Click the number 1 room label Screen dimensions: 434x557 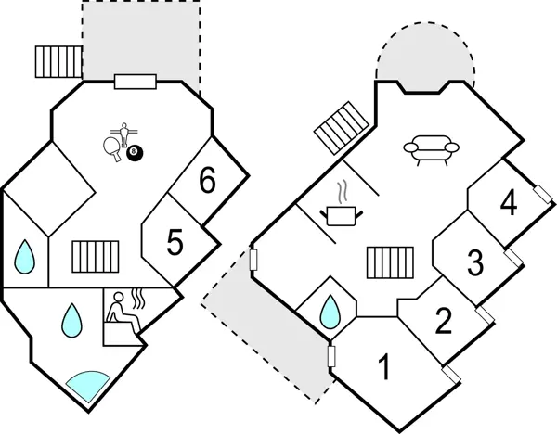[x=383, y=368]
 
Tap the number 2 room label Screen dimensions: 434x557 [x=444, y=321]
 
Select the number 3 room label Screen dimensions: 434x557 [x=475, y=262]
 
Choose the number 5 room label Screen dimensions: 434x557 [x=175, y=243]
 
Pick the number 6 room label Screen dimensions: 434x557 [x=207, y=182]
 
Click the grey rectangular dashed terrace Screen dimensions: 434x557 [x=141, y=40]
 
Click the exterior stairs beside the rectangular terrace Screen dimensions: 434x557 [x=58, y=61]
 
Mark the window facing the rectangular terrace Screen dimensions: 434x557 [x=135, y=81]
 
